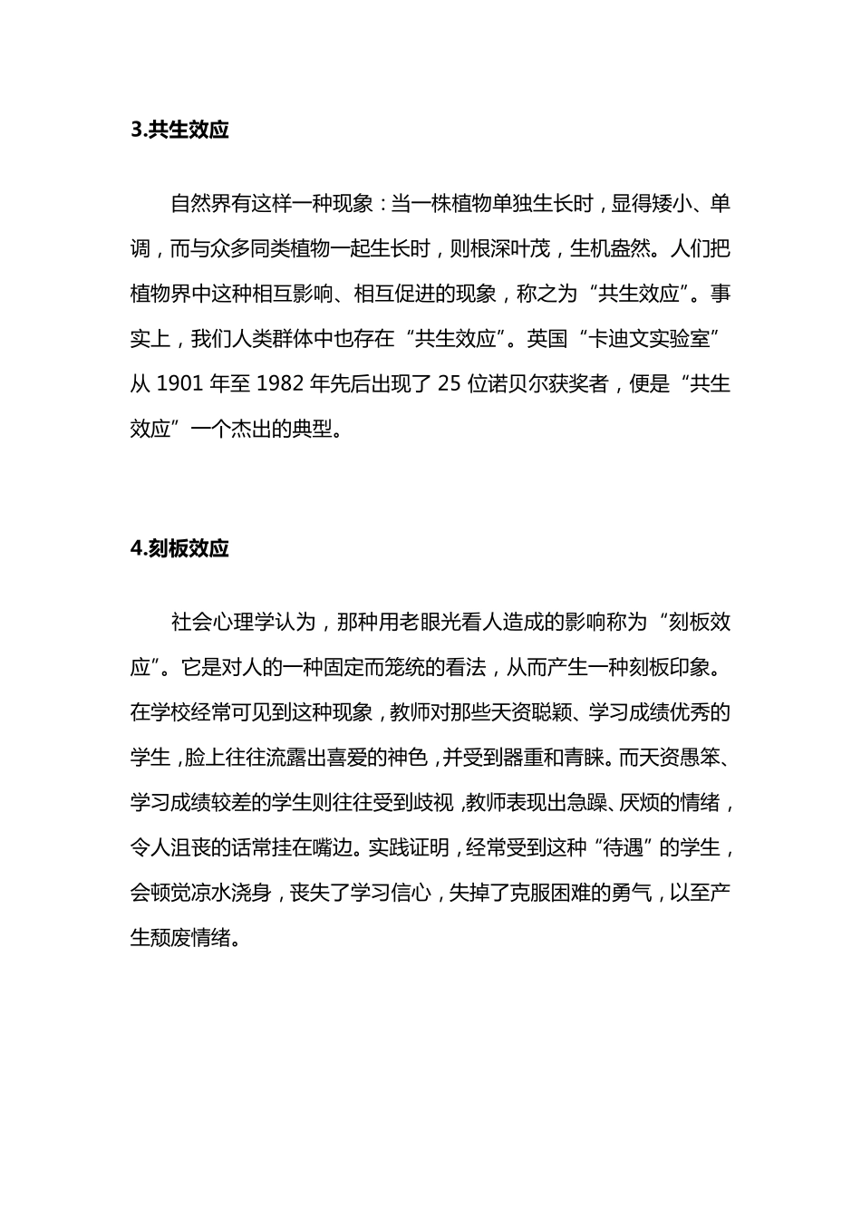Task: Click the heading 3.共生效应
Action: tap(179, 130)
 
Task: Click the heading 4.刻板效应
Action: tap(179, 549)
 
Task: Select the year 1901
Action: tap(179, 383)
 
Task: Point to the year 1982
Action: tap(280, 383)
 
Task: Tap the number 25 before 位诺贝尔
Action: tap(450, 383)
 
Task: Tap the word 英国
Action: tap(547, 338)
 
